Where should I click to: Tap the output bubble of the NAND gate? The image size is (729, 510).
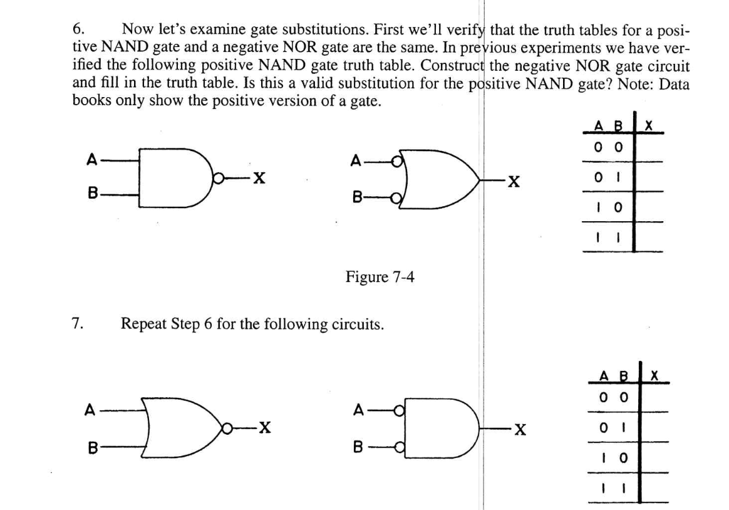coord(215,179)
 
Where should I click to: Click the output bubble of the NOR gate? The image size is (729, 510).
coord(225,428)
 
